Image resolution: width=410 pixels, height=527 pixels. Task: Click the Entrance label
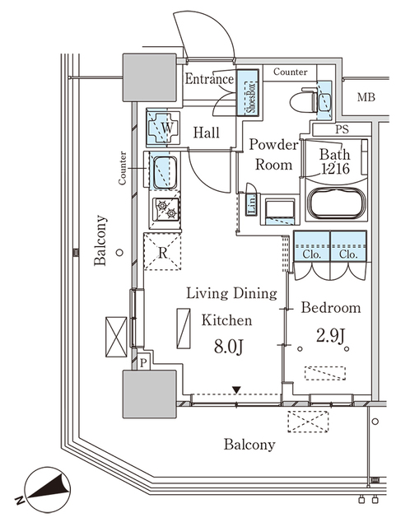tap(209, 80)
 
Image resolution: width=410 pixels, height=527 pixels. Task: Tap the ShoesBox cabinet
tap(250, 94)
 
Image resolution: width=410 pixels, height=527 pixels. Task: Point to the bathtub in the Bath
tap(337, 203)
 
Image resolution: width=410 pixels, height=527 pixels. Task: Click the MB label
tap(366, 99)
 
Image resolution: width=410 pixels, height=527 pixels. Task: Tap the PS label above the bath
tap(342, 129)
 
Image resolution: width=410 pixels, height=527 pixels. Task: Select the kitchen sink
tap(165, 171)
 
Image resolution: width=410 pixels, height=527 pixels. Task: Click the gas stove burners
tap(165, 211)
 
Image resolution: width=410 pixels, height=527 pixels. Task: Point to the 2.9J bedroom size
tap(329, 336)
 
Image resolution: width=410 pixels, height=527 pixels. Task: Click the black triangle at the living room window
tap(238, 389)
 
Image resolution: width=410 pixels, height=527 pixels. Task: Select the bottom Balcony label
tap(249, 445)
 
